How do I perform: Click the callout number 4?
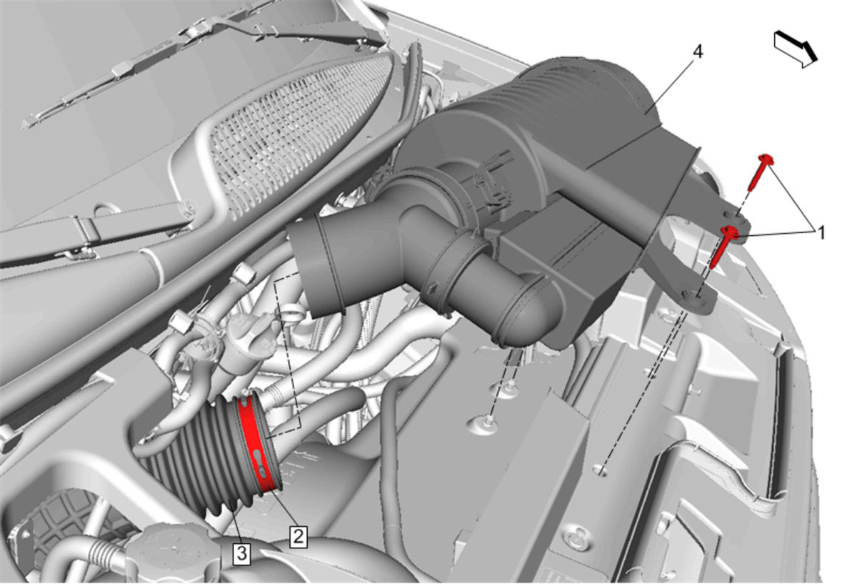[698, 51]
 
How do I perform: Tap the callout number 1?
[821, 233]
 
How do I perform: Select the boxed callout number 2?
[298, 536]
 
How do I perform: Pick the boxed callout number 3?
[242, 554]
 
